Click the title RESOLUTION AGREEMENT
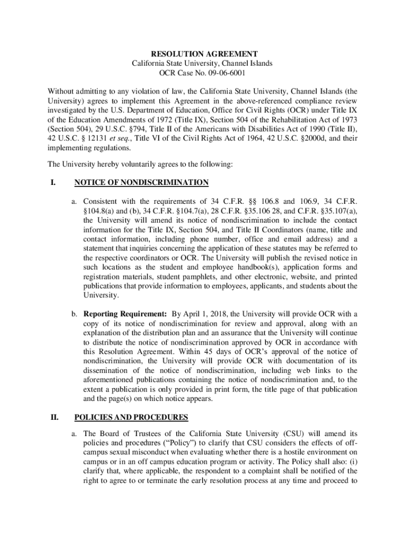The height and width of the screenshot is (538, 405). tap(204, 54)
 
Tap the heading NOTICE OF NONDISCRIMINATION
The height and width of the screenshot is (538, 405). tap(141, 183)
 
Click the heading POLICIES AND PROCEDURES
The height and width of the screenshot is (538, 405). tap(131, 418)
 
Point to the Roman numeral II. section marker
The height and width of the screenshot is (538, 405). tap(54, 418)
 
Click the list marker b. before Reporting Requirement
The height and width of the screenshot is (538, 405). tap(75, 314)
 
